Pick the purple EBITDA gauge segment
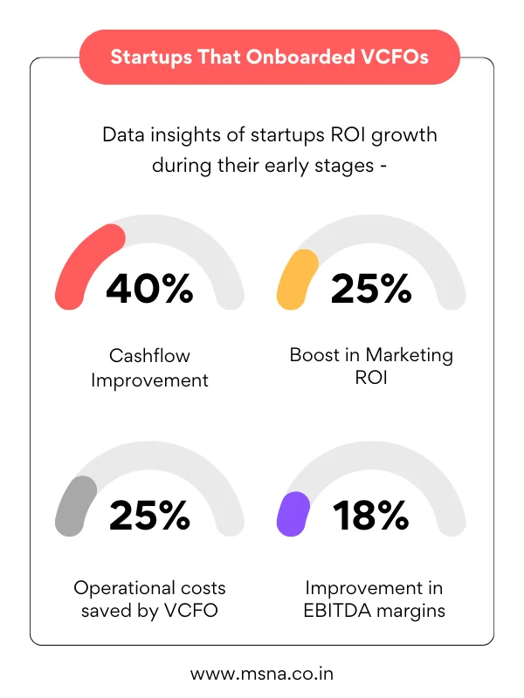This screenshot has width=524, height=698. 293,513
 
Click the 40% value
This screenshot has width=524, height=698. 149,289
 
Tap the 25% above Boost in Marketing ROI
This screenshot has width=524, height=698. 371,289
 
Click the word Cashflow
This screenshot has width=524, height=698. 149,356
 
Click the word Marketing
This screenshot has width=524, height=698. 410,356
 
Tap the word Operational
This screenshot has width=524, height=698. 122,587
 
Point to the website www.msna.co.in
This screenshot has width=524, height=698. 262,674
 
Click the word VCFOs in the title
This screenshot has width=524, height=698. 398,58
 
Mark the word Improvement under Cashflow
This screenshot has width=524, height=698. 149,381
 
